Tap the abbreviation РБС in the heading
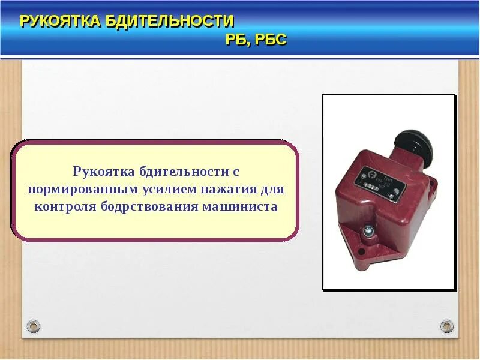[271, 40]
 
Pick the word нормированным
[82, 190]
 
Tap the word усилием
[169, 190]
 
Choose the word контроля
[65, 207]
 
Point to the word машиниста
[248, 207]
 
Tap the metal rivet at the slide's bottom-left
[34, 326]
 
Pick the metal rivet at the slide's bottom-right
[447, 326]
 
